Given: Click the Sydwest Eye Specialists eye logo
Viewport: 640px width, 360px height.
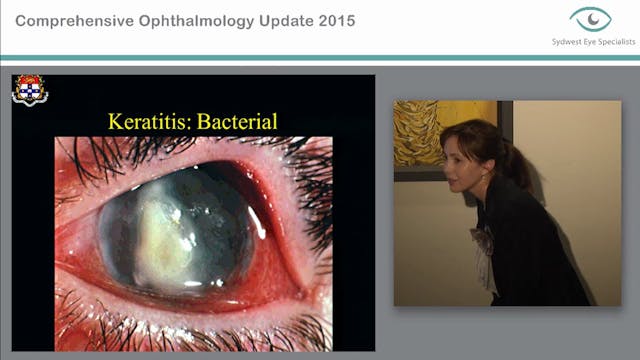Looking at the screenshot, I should tap(590, 20).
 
